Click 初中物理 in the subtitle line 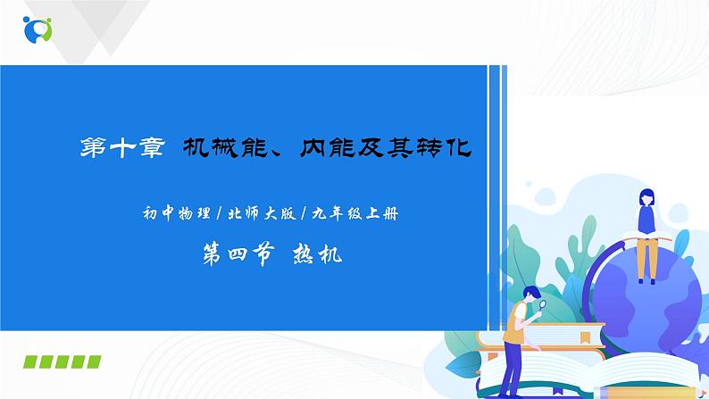170,212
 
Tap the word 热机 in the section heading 318,254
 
